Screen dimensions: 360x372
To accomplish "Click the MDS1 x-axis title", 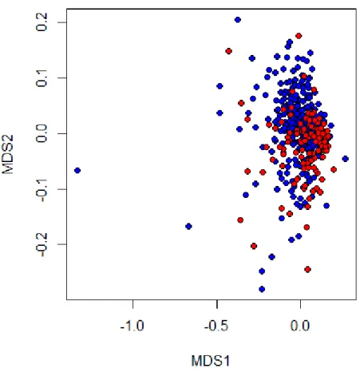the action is click(x=210, y=361).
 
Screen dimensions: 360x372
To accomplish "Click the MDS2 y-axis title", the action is click(x=8, y=154).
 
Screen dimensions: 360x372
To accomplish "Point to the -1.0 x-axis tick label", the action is click(x=133, y=326).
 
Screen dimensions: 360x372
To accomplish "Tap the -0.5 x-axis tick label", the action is click(x=216, y=326).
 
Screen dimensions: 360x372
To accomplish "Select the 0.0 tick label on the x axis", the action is click(x=300, y=326).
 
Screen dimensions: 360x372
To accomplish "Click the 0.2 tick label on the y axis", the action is click(x=42, y=22).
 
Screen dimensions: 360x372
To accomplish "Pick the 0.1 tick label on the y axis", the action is click(x=42, y=77).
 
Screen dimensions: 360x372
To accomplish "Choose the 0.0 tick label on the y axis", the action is click(x=42, y=133).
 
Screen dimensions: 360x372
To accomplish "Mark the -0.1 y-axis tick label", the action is click(x=42, y=190).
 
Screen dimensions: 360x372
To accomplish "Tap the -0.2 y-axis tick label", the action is click(x=42, y=245).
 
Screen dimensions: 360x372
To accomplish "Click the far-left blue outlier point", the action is click(x=77, y=170).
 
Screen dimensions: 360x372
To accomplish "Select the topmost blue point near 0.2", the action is click(x=238, y=20).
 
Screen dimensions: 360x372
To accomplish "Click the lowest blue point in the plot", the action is click(x=262, y=289).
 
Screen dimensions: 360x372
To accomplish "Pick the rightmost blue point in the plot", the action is click(x=346, y=159).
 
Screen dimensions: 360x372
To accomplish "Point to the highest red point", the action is click(x=299, y=36).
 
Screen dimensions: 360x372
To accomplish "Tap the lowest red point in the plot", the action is click(x=307, y=269).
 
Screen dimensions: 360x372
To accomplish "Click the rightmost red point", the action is click(x=334, y=169).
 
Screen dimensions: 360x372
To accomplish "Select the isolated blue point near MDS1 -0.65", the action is click(x=188, y=227).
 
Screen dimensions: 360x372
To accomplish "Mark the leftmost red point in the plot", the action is click(x=228, y=51).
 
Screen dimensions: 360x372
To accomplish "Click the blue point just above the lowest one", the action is click(x=262, y=271).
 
